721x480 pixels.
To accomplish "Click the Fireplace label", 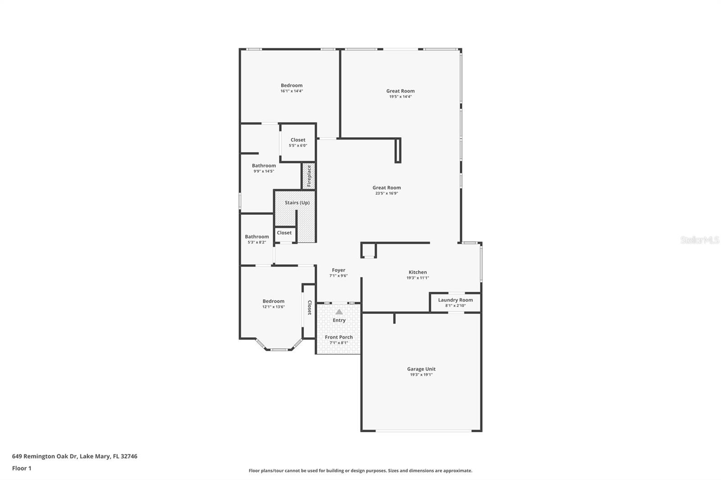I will tap(309, 176).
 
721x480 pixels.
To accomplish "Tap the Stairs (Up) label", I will tap(297, 203).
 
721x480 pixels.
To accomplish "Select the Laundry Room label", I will tap(455, 300).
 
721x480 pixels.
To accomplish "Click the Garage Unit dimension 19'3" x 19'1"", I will tap(421, 375).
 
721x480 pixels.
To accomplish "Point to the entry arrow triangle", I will tap(339, 312).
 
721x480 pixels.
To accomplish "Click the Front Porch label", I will tap(339, 337).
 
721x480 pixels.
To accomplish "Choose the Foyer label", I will tap(338, 271).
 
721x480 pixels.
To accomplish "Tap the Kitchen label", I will tap(417, 272).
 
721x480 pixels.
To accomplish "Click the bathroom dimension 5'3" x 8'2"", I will tap(256, 242).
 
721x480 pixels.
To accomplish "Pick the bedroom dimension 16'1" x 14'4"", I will tap(292, 91).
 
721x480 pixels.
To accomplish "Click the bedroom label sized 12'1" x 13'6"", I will tap(274, 301).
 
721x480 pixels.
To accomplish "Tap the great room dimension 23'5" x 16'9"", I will tap(387, 193).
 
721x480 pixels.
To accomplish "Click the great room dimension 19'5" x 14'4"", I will tap(400, 96).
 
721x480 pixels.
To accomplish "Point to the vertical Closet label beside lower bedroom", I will tap(310, 308).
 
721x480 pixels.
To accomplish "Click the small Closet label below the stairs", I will tap(284, 233).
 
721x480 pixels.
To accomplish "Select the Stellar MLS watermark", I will tap(699, 240).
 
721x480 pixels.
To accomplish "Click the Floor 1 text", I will tap(22, 468).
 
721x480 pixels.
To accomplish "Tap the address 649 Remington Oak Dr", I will tap(74, 456).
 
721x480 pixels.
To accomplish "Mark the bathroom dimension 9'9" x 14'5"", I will tap(264, 171).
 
